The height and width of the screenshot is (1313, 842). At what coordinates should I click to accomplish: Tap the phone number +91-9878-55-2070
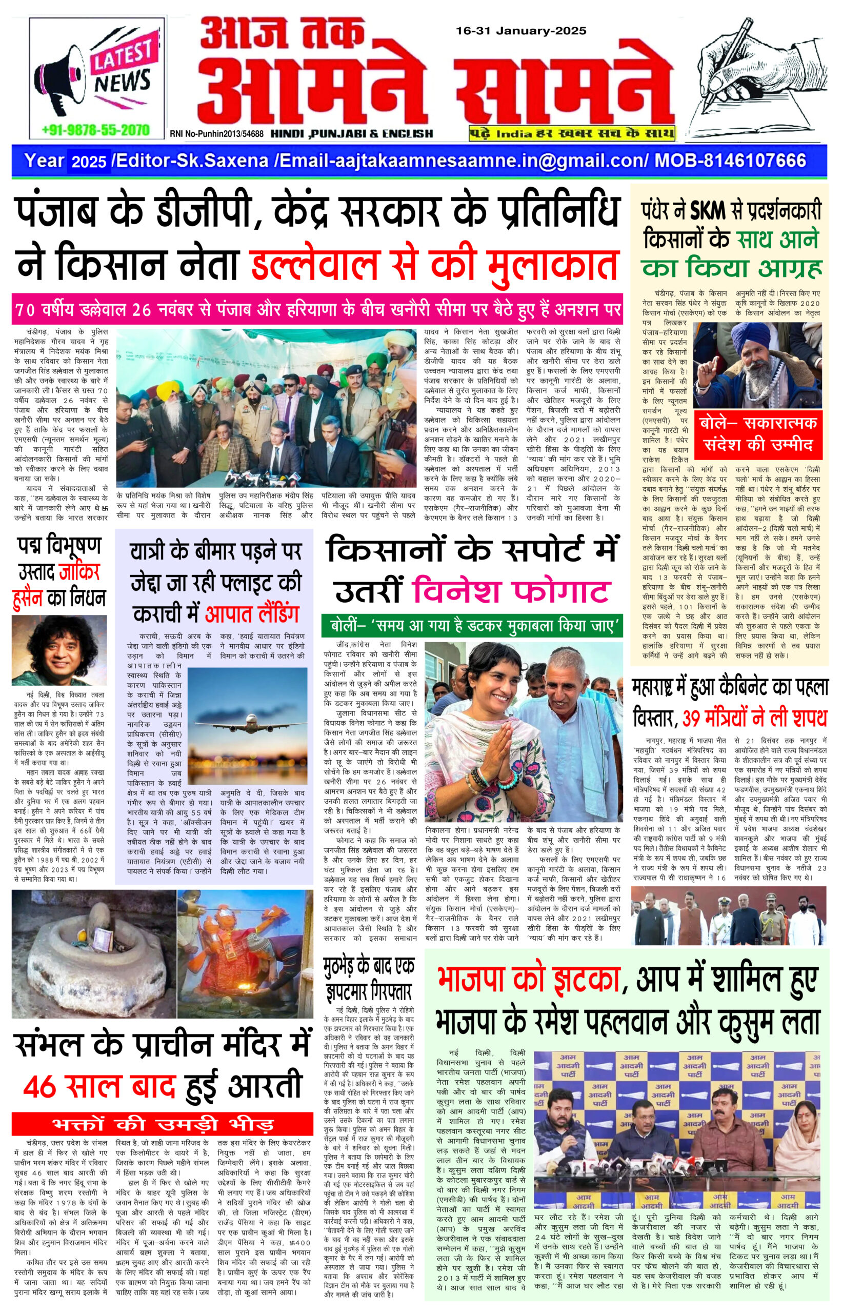coord(95,130)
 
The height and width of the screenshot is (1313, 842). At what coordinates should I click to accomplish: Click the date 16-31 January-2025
coord(521,31)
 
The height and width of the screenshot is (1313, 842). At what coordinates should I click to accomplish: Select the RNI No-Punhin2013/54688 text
coord(216,133)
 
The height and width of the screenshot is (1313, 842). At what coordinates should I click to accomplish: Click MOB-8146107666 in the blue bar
coord(730,161)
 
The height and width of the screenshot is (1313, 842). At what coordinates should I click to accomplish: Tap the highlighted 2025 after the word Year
coord(89,162)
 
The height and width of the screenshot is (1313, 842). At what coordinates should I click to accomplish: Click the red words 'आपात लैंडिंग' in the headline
coord(252,614)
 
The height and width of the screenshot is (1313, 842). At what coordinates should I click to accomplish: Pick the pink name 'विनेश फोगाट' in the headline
coord(511,592)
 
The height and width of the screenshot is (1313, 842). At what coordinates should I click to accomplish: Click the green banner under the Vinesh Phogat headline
coord(472,626)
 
